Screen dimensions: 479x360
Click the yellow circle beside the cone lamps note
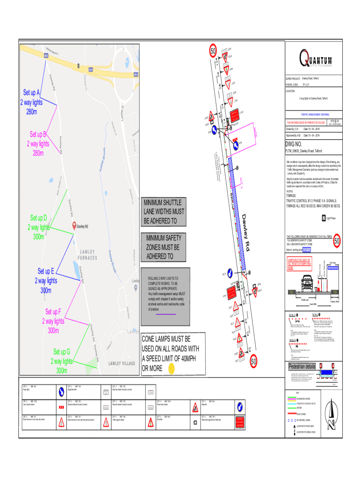point(172,369)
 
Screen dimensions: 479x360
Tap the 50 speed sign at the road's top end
point(213,51)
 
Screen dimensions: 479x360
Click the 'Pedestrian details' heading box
point(302,366)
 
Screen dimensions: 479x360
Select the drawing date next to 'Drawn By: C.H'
point(311,129)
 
